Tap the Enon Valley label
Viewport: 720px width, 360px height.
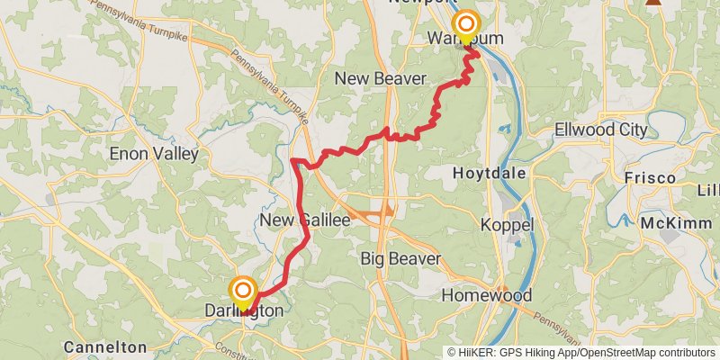(153, 154)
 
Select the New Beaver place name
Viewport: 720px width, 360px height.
(380, 79)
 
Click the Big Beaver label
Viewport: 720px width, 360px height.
(400, 259)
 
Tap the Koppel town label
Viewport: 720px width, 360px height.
(508, 224)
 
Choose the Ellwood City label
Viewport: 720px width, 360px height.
(600, 130)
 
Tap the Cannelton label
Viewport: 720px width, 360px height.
(104, 346)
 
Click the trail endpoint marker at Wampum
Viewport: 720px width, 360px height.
(466, 23)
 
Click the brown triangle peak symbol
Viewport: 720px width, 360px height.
(655, 3)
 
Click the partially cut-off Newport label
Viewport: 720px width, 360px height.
(417, 3)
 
